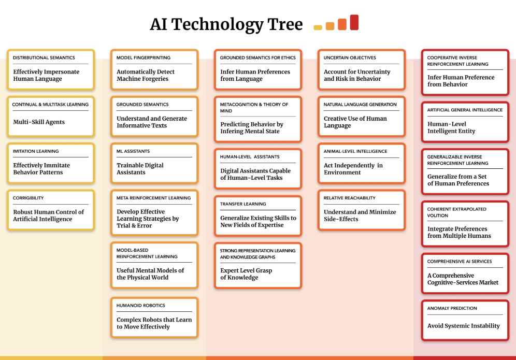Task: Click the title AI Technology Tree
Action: (226, 24)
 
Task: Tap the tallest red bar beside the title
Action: (354, 22)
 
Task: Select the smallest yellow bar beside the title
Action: (318, 27)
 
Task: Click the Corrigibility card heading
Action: (28, 198)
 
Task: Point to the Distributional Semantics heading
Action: (44, 57)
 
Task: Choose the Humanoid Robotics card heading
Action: (141, 306)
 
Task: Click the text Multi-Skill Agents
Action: (39, 122)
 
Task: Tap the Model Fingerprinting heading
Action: (144, 57)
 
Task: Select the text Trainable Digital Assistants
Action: (140, 169)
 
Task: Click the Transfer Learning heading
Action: (243, 204)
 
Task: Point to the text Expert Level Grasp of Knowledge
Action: (246, 274)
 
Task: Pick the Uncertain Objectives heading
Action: (350, 57)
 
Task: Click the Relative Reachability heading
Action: (350, 198)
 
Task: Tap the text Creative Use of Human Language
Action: (355, 122)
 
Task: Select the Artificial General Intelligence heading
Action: (465, 110)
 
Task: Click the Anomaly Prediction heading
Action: (452, 308)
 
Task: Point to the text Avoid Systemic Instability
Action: (464, 326)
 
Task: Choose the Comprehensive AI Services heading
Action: (460, 261)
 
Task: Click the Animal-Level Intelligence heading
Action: (355, 151)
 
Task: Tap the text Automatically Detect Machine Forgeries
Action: (146, 75)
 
